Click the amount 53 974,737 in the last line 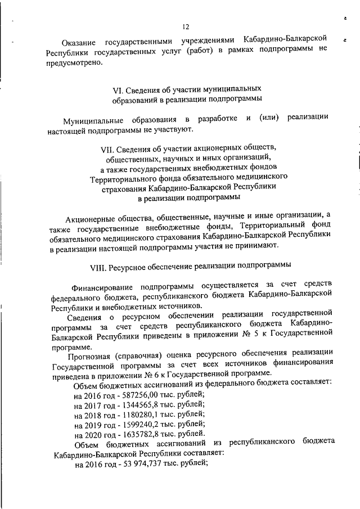[x=143, y=465]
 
